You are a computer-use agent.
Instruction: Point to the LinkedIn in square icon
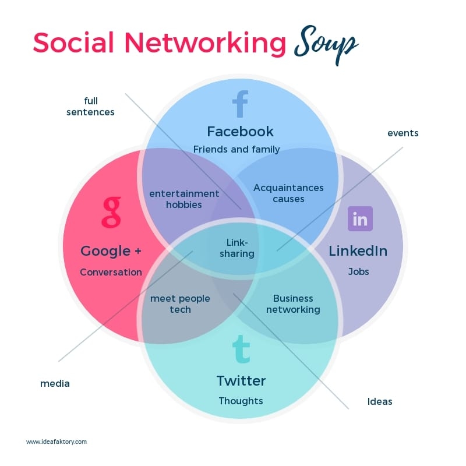[360, 219]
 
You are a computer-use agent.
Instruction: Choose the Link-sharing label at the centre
[236, 248]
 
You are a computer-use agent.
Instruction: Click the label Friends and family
[236, 149]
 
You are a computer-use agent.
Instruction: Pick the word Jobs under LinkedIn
[358, 271]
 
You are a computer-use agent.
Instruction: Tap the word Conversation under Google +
[111, 272]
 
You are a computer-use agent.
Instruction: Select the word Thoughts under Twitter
[241, 401]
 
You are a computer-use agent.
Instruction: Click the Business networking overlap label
[293, 303]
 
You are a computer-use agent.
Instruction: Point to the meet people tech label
[180, 303]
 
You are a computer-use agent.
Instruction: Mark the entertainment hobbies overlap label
[184, 199]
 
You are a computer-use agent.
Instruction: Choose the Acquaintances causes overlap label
[288, 193]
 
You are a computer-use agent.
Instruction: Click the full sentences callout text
[90, 106]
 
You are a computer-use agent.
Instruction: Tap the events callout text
[403, 133]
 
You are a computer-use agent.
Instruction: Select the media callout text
[55, 383]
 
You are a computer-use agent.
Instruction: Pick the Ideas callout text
[380, 401]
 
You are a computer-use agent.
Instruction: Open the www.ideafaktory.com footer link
[57, 442]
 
